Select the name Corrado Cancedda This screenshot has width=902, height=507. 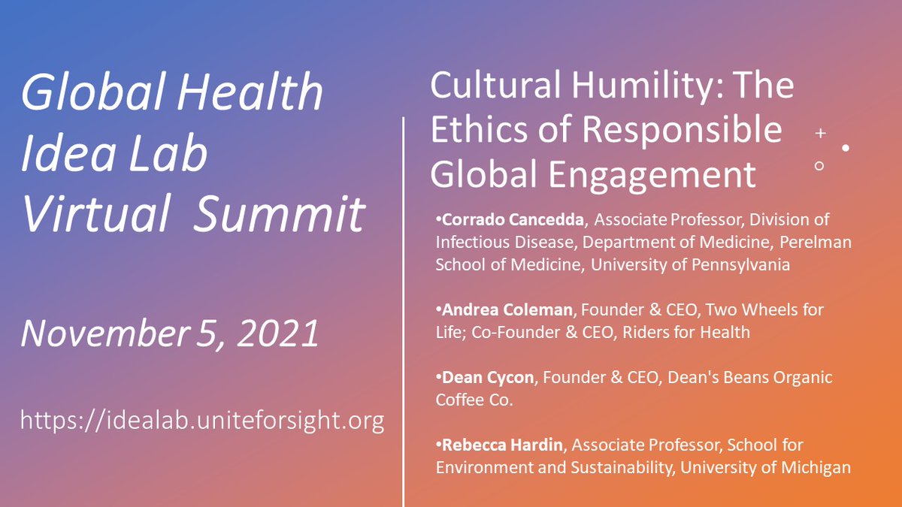[x=511, y=220]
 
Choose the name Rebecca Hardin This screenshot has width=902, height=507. [x=502, y=445]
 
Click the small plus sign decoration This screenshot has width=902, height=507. [x=820, y=133]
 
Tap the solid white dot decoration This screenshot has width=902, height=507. [x=846, y=148]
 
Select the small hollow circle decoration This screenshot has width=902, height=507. [x=819, y=166]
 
